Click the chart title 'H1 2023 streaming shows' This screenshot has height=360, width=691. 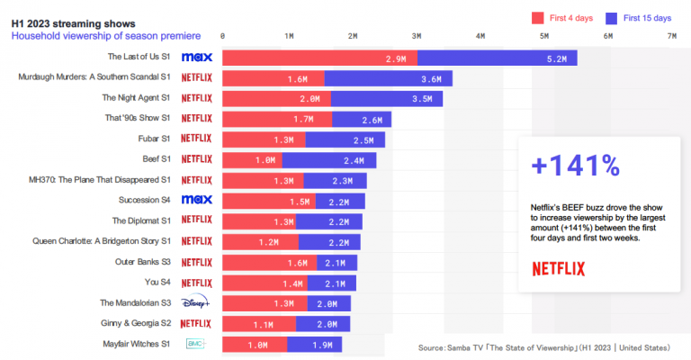(x=74, y=21)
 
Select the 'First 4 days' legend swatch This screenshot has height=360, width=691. (x=540, y=17)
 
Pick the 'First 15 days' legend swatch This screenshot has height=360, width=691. (x=612, y=17)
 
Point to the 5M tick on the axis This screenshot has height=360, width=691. (x=543, y=36)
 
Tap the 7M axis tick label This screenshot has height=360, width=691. (x=671, y=36)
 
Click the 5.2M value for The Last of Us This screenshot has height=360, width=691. (x=556, y=58)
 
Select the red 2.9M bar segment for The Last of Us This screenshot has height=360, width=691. (x=319, y=58)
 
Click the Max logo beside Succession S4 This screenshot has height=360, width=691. (x=196, y=199)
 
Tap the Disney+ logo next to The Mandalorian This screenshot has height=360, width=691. (x=196, y=302)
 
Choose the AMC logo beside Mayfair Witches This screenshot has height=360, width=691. (x=196, y=344)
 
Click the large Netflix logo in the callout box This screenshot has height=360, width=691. (x=558, y=268)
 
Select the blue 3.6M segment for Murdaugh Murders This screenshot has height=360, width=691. (x=388, y=78)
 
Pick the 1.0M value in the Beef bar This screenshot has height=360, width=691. (x=265, y=159)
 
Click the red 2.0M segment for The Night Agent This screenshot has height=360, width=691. (x=276, y=98)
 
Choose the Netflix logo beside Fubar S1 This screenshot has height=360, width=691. (x=196, y=139)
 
